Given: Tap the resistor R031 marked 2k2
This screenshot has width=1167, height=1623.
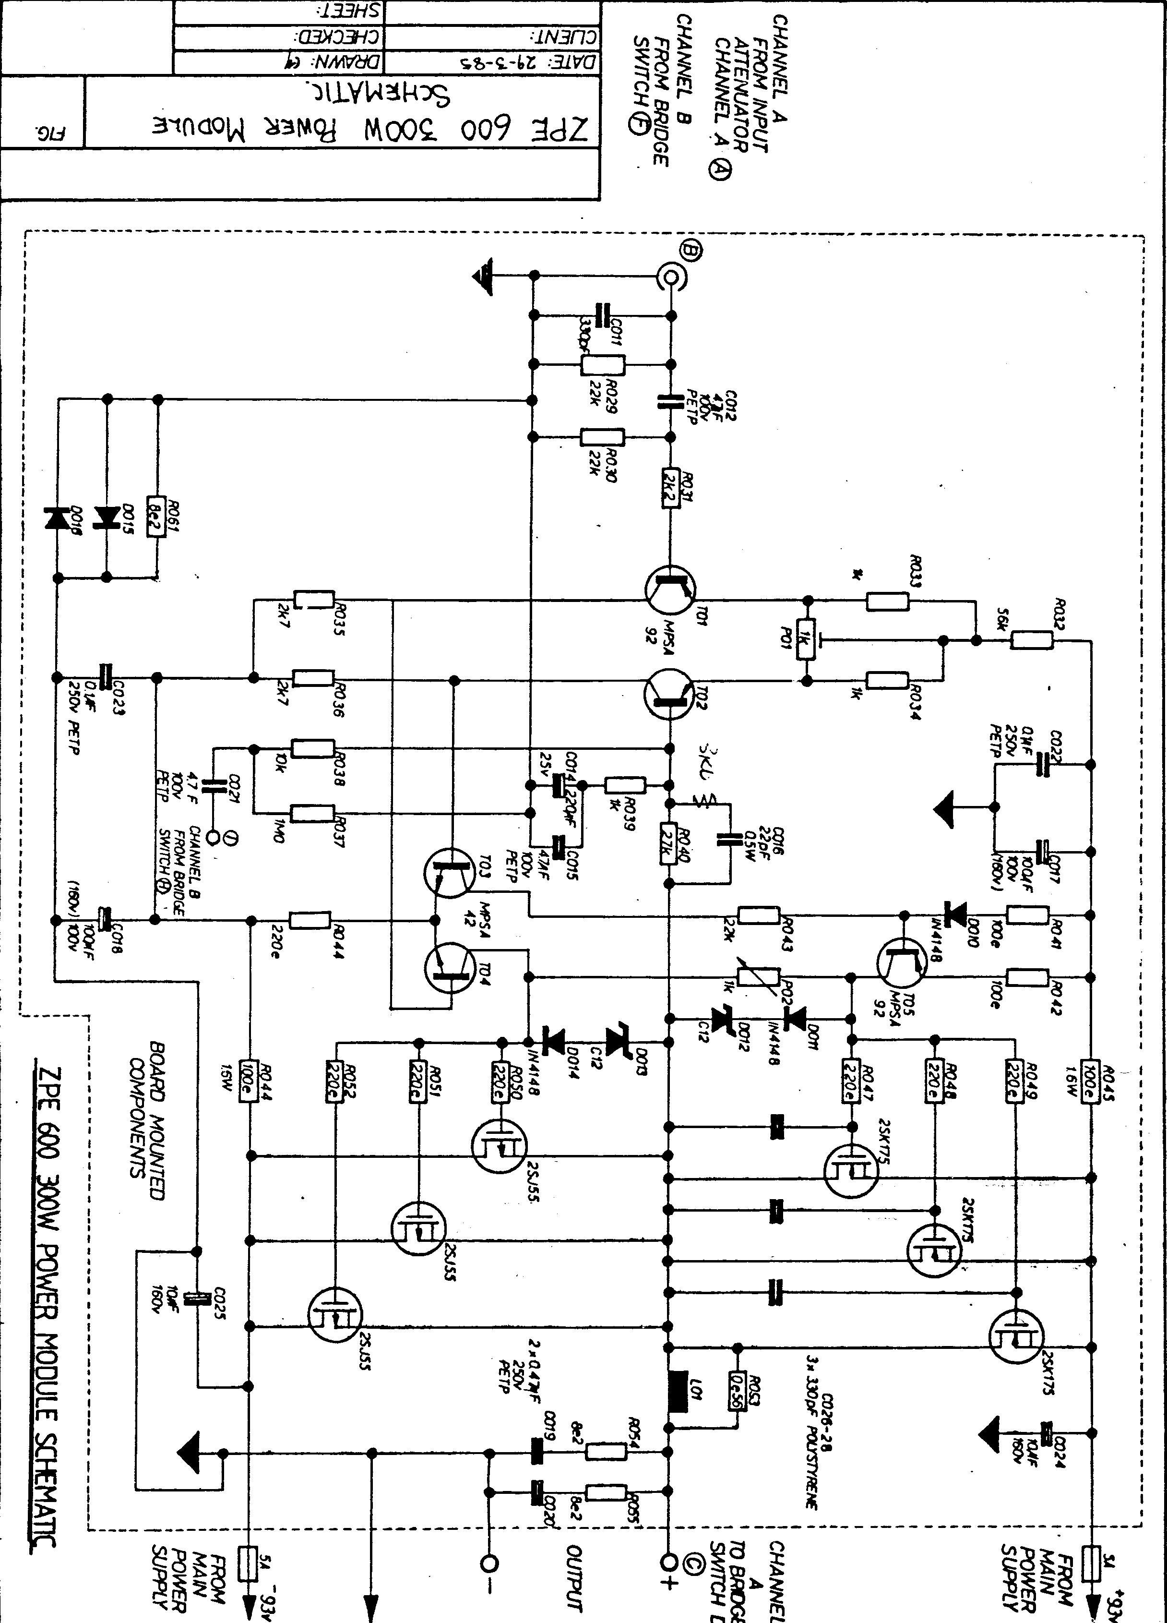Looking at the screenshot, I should (x=670, y=488).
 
